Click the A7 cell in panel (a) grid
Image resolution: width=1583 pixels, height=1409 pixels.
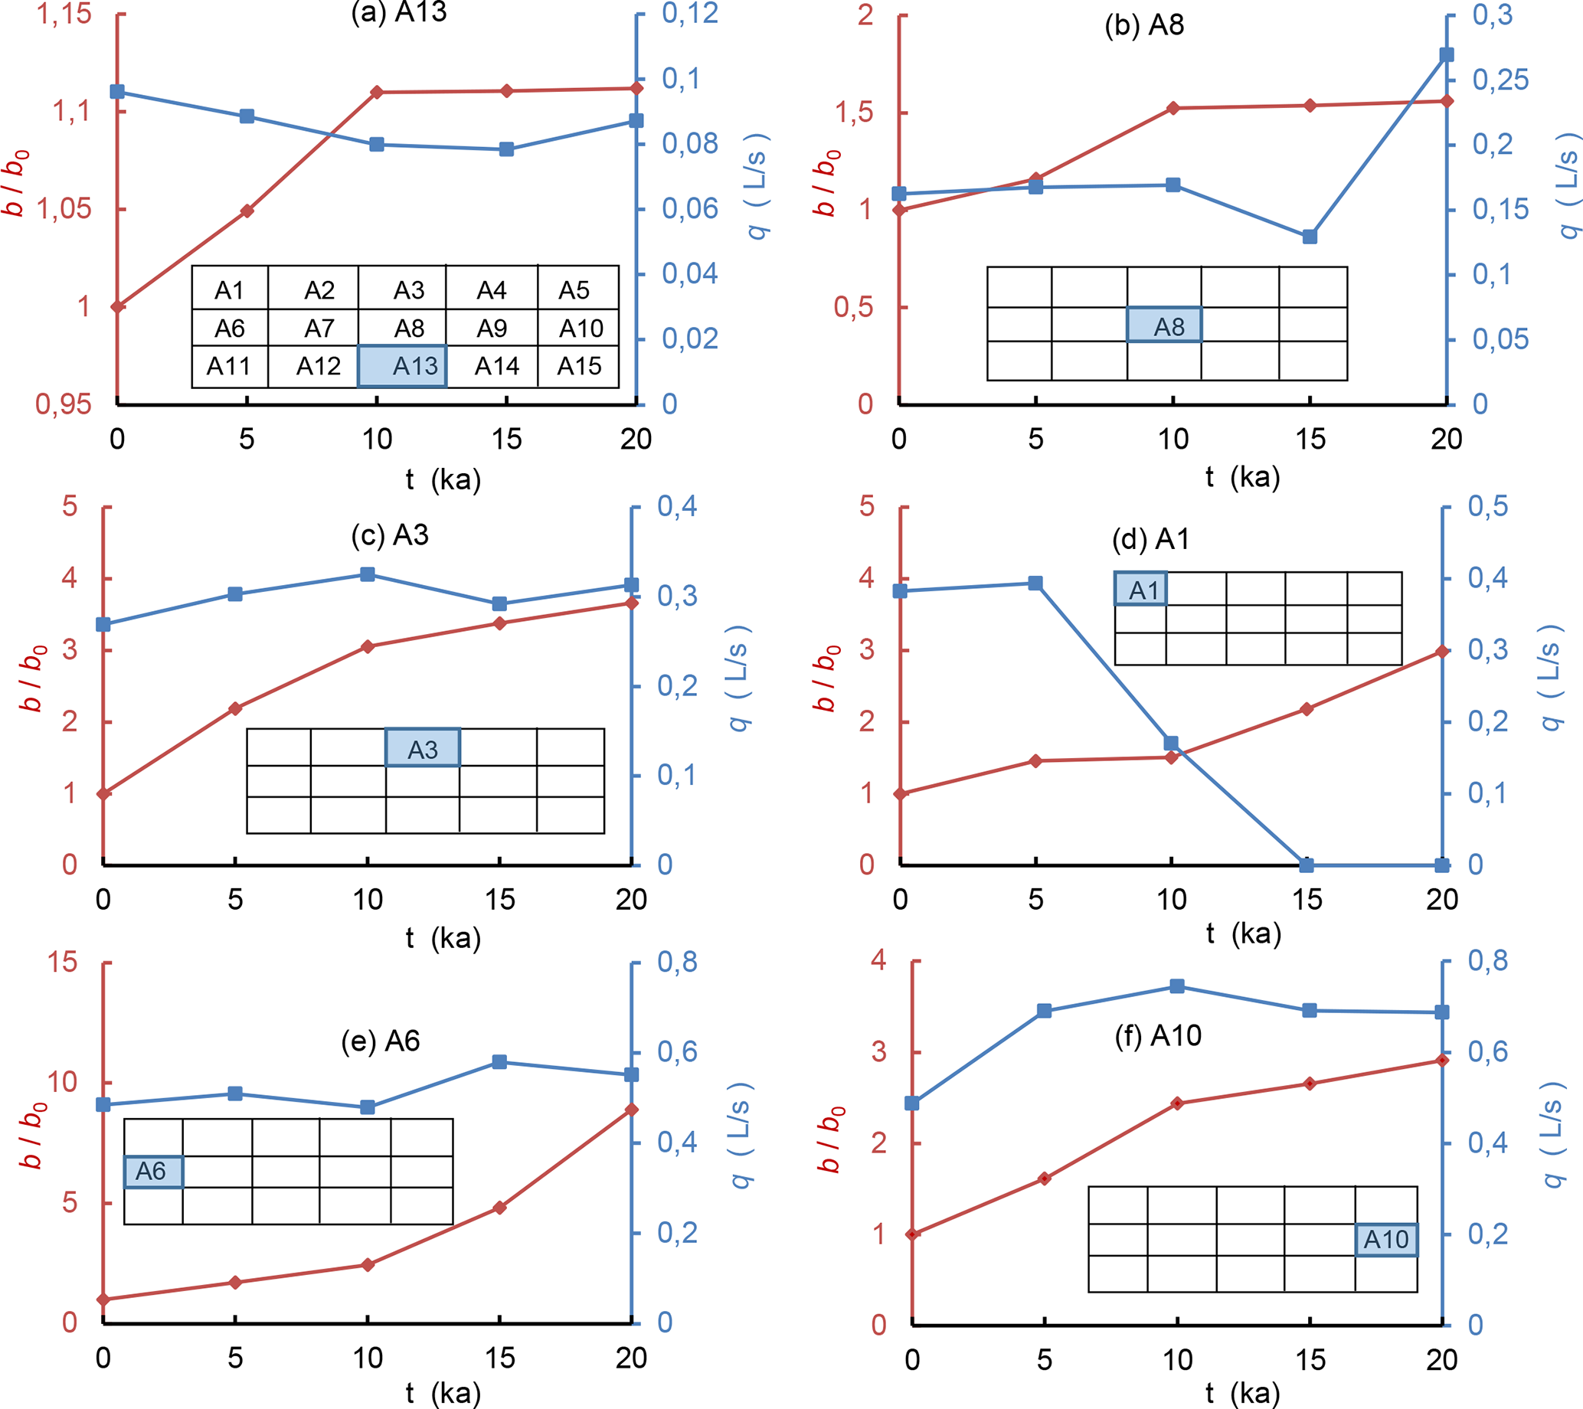tap(319, 329)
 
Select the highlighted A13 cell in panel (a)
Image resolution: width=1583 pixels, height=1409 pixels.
tap(402, 365)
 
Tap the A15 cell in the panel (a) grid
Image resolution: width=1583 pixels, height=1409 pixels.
tap(578, 365)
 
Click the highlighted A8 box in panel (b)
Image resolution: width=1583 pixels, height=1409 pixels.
tap(1164, 325)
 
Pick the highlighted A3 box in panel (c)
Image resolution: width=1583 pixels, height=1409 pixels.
tap(423, 748)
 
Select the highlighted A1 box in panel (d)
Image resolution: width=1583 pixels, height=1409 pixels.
tap(1140, 589)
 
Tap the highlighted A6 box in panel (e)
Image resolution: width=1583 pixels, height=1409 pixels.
tap(153, 1172)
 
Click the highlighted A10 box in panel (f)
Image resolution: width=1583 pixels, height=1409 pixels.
tap(1386, 1240)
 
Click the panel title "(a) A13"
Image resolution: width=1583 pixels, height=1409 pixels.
tap(399, 12)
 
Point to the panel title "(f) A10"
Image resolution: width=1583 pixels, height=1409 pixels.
tap(1158, 1036)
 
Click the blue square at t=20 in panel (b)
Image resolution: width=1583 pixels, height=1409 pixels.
tap(1447, 55)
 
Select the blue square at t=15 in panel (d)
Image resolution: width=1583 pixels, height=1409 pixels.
tap(1307, 865)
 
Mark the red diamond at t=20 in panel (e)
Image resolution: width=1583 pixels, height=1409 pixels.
tap(631, 1110)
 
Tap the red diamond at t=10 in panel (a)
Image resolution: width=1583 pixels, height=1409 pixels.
tap(377, 92)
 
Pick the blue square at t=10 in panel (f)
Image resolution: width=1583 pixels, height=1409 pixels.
tap(1177, 986)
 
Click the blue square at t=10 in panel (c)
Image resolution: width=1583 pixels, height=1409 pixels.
tap(368, 574)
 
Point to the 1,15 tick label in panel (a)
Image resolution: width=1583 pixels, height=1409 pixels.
tap(64, 14)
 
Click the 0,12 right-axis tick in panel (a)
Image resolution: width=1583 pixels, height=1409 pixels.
tap(690, 12)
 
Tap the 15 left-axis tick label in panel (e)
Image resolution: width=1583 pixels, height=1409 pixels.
tap(62, 963)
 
